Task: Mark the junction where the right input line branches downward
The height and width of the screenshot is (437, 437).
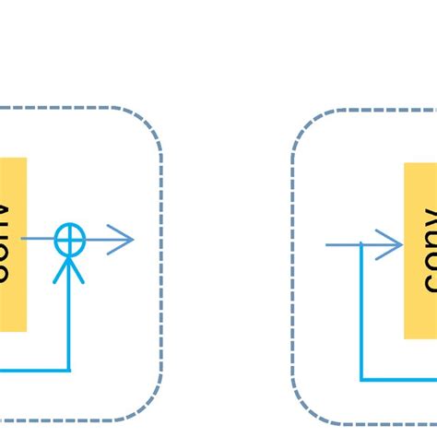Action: (360, 245)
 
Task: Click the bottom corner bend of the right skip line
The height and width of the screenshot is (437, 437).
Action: (360, 379)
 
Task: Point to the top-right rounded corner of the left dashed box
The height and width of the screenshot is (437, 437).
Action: (148, 124)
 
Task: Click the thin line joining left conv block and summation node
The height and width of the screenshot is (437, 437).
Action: (41, 240)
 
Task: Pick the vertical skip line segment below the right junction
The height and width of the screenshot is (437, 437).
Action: (360, 313)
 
